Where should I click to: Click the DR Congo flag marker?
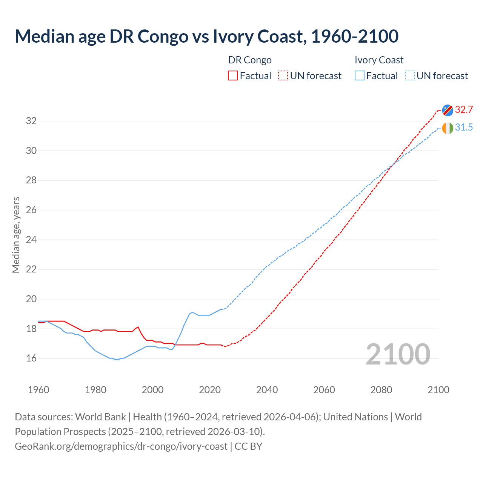coord(448,110)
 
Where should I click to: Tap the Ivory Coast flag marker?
coord(448,128)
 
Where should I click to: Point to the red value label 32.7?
coord(464,110)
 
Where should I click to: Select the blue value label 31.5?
coord(464,128)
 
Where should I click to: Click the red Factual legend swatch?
coord(233,76)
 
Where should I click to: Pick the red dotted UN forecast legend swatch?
coord(283,76)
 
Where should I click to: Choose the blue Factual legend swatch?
coord(360,76)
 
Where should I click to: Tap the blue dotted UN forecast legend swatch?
coord(410,76)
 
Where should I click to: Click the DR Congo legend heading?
coord(250,60)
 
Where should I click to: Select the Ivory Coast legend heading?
coord(379,60)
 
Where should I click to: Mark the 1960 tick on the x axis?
coord(38,390)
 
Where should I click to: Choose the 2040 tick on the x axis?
coord(267,390)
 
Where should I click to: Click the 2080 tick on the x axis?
coord(381,390)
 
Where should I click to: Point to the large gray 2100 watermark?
coord(398,354)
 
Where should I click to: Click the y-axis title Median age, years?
coord(16,235)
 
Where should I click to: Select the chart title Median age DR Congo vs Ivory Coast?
coord(206,36)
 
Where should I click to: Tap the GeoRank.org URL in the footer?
coord(121,446)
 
